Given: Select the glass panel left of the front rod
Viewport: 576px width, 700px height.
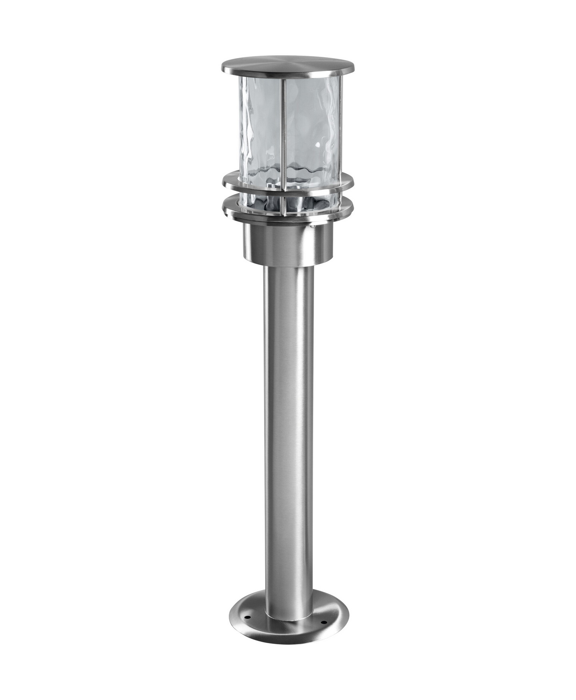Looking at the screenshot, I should point(260,128).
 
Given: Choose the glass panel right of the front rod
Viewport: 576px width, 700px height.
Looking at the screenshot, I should point(312,128).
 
